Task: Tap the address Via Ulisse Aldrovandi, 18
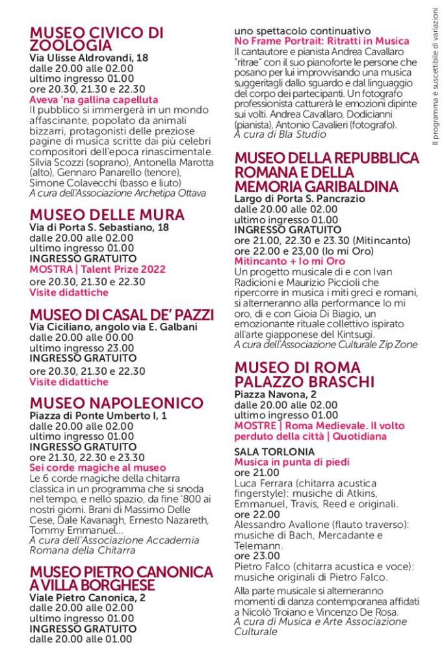tap(89, 58)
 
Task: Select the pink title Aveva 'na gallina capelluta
tap(94, 99)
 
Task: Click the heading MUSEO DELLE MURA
tap(107, 215)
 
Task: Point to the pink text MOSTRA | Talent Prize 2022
tap(98, 269)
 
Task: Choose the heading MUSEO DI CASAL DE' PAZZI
tap(122, 315)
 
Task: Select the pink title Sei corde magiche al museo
tap(98, 468)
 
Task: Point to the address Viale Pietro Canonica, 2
tap(88, 597)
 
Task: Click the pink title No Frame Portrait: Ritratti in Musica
tap(321, 41)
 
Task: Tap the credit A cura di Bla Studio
tap(280, 134)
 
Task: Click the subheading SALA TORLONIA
tap(265, 451)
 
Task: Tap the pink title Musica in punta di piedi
tap(292, 462)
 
